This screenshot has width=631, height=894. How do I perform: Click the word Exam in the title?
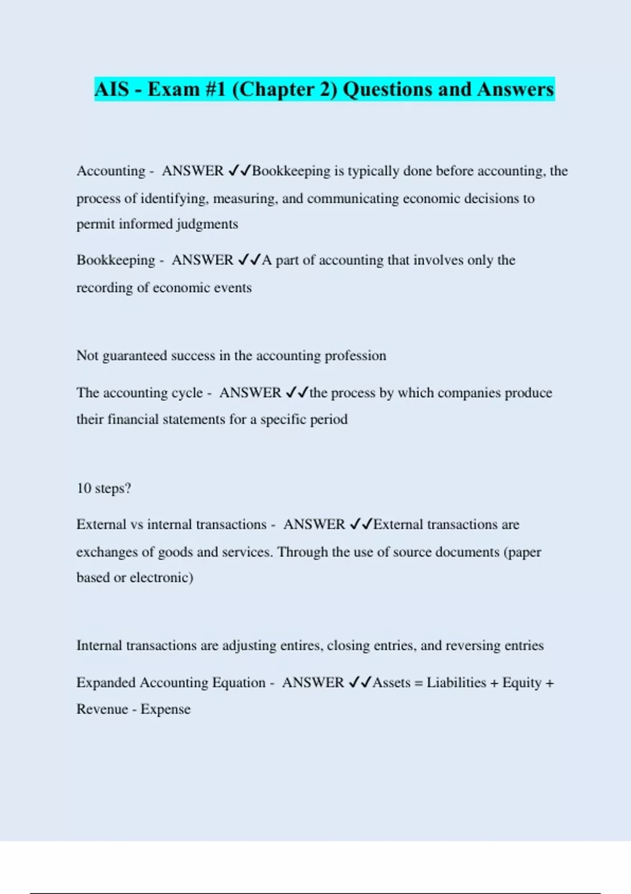[x=174, y=89]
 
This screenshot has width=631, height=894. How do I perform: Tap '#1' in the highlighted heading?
[x=216, y=89]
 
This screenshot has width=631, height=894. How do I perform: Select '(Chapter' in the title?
[x=268, y=89]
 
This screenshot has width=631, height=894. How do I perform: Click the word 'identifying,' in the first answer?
[x=174, y=199]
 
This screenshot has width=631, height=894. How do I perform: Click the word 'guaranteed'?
[x=134, y=356]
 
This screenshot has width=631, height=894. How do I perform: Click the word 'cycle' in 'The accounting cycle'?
[x=187, y=393]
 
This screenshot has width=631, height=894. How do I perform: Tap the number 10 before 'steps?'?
[x=84, y=489]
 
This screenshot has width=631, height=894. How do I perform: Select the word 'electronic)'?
[x=161, y=578]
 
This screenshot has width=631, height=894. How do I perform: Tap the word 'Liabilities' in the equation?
[x=456, y=683]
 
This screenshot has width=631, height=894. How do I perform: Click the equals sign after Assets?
[x=419, y=683]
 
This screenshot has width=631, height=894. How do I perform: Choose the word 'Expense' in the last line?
[x=165, y=709]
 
